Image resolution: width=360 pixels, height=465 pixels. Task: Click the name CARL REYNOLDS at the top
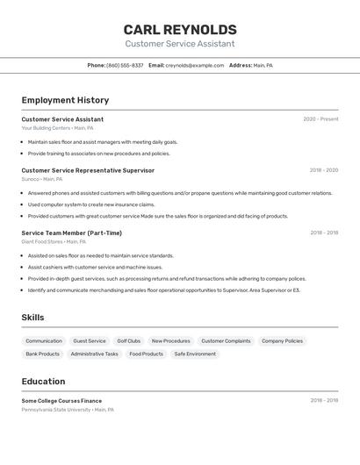pos(179,30)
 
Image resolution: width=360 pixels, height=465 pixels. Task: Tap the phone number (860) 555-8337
pos(125,65)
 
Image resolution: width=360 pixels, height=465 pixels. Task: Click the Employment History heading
pos(65,100)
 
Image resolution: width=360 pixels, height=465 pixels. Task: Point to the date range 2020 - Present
pos(320,119)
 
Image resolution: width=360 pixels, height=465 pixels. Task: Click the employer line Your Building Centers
pos(46,128)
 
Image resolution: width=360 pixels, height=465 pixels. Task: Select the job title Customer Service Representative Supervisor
pos(88,170)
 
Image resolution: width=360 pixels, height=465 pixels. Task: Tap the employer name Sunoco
pos(30,179)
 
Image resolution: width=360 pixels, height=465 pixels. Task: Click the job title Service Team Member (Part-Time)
pos(72,232)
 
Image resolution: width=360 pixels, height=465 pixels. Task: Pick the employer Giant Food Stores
pos(41,241)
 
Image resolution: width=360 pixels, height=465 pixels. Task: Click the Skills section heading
pos(32,318)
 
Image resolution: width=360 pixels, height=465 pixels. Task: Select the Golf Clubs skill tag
pos(128,340)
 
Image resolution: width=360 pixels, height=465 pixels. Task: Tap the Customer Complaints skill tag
pos(226,340)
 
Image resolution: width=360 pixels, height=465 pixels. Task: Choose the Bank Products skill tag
pos(43,354)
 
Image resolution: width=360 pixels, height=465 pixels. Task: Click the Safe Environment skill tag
pos(195,354)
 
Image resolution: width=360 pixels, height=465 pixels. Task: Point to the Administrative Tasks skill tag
pos(94,354)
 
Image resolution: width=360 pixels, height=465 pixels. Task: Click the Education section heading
pos(43,382)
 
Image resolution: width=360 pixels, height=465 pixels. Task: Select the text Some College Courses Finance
pos(61,400)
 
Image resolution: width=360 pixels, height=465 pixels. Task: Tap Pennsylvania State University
pos(56,409)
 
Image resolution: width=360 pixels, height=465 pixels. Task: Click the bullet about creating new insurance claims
pos(97,204)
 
